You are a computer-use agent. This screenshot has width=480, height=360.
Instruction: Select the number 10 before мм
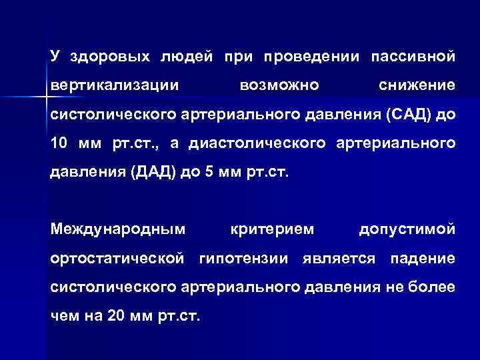point(59,143)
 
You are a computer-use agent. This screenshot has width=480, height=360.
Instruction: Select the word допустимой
point(407,229)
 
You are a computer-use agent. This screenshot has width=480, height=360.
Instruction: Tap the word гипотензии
point(245,258)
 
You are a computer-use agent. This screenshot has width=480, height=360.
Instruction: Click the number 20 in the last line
point(114,315)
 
